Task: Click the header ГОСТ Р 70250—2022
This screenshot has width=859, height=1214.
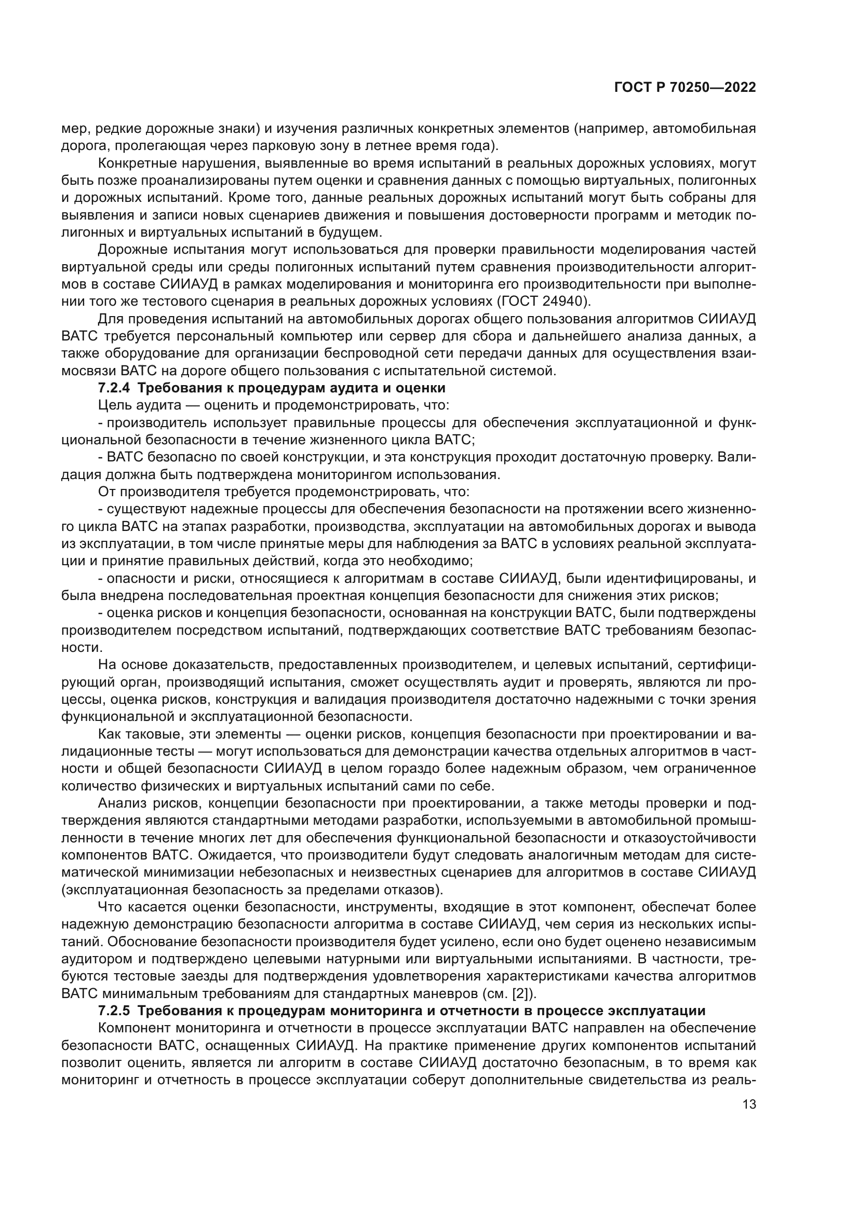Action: (x=684, y=88)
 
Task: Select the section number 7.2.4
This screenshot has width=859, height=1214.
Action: (x=114, y=388)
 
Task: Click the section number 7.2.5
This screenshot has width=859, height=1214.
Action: (x=114, y=1011)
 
